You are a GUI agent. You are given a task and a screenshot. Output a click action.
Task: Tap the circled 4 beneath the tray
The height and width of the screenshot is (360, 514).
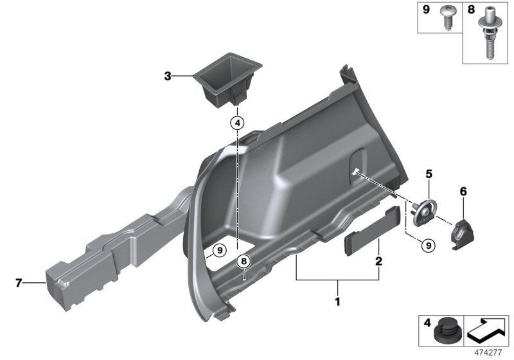click(236, 122)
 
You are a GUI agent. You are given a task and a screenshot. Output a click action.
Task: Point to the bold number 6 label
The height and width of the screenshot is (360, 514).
click(462, 191)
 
